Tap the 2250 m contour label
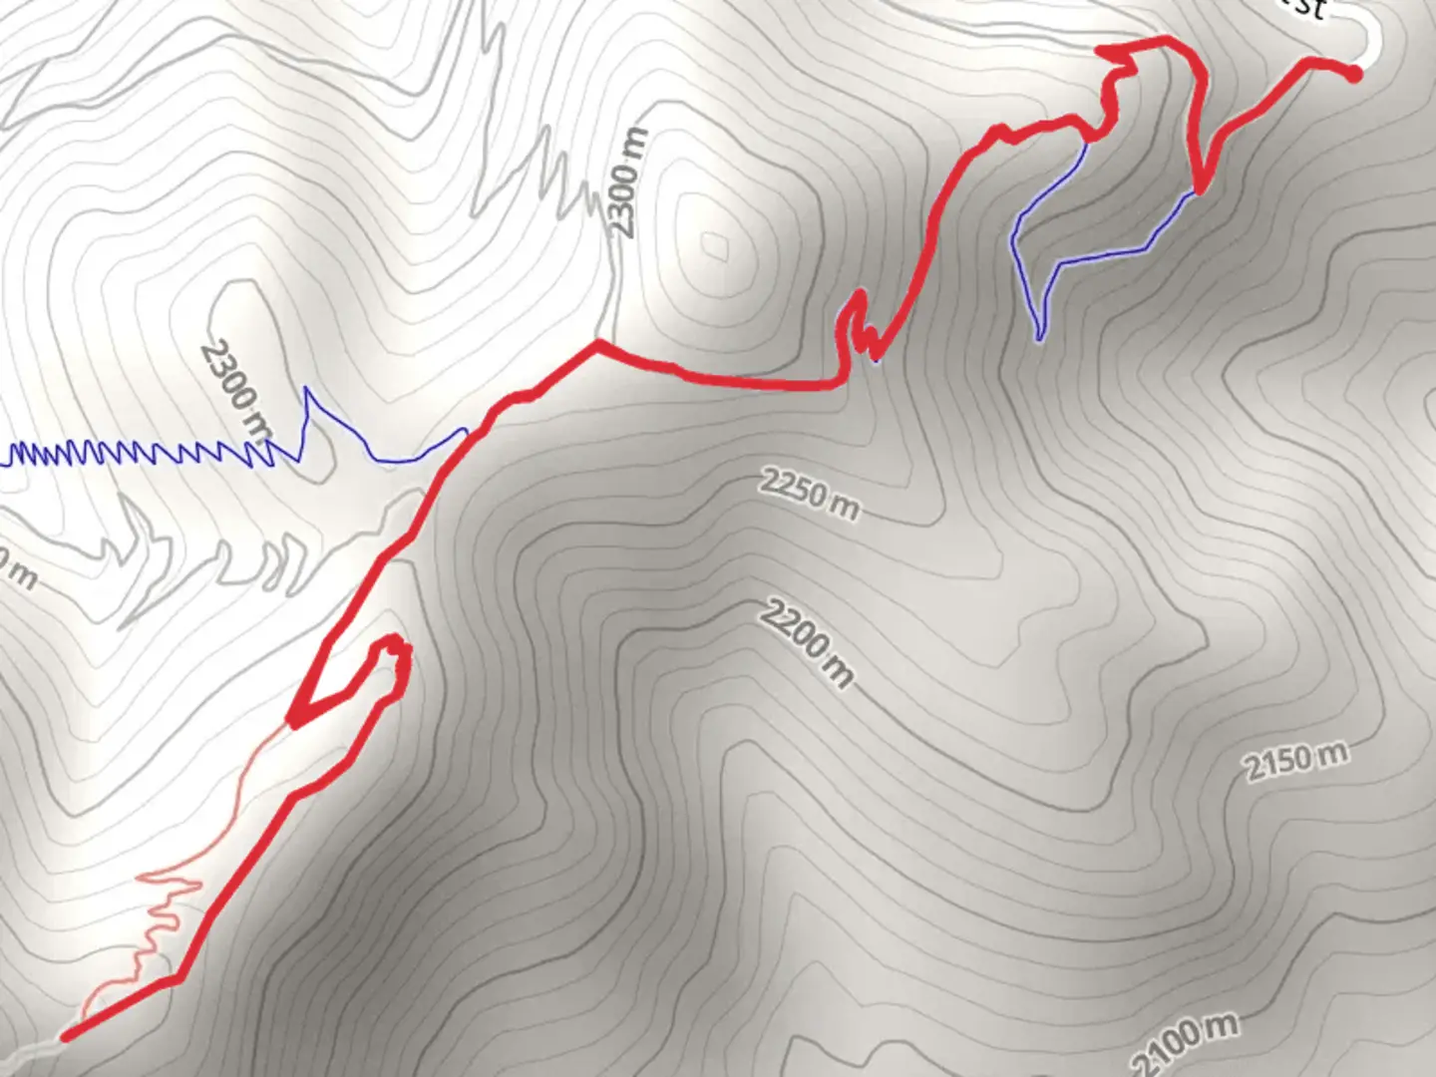coord(809,494)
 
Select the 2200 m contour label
coord(807,643)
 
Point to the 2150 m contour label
coord(1294,763)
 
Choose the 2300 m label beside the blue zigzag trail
coord(236,390)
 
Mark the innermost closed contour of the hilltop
coord(713,244)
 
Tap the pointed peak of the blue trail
coord(307,390)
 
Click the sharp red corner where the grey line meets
coord(597,344)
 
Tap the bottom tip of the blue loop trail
coord(1039,339)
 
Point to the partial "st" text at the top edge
coord(1306,8)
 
